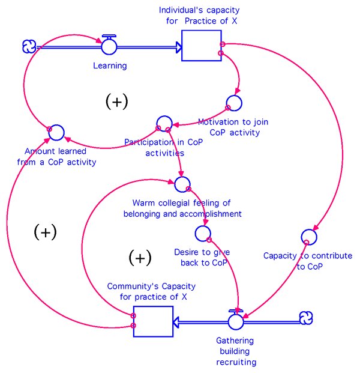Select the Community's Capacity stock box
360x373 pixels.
[x=152, y=321]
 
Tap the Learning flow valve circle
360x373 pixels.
[x=109, y=46]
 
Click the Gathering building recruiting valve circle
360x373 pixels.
[x=236, y=321]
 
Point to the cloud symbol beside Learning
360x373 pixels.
[x=28, y=46]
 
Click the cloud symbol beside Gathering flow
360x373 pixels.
[x=306, y=317]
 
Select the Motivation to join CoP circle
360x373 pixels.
[x=233, y=104]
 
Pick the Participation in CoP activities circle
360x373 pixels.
[x=163, y=124]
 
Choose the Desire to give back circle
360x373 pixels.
[x=203, y=232]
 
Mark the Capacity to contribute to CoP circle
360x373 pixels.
[x=308, y=237]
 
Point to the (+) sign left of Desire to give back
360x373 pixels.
[x=140, y=258]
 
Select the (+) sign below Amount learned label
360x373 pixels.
[x=45, y=231]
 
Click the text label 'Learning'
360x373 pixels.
[x=110, y=65]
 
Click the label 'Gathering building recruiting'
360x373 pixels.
[x=236, y=351]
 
